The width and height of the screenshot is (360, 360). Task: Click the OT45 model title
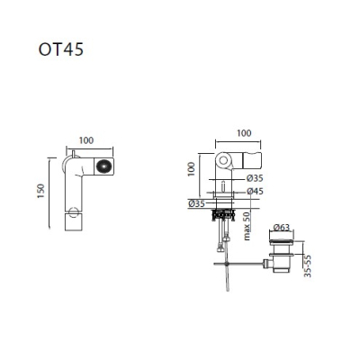tap(61, 49)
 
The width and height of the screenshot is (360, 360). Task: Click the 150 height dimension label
tap(40, 191)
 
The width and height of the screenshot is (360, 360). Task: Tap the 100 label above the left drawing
tap(86, 140)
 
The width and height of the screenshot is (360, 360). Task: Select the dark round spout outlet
tap(104, 166)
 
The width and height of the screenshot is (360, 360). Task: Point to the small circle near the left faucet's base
tap(73, 212)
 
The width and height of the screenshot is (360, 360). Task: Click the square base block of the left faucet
tap(73, 222)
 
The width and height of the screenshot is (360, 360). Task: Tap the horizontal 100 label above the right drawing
tap(244, 133)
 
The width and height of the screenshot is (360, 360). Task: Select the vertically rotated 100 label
tap(191, 169)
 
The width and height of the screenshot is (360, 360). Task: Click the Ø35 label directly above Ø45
tap(255, 178)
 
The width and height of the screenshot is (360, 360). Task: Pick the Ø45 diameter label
tap(255, 191)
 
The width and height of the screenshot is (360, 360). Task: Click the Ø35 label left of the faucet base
tap(197, 204)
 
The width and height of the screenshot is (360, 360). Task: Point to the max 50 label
tap(247, 226)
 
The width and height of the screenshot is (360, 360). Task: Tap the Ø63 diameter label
tap(282, 228)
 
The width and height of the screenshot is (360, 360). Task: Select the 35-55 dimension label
tap(308, 266)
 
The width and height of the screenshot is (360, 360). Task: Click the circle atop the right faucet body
tap(223, 160)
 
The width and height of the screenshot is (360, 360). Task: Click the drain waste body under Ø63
tap(280, 256)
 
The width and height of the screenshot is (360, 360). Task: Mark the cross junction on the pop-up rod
tap(227, 264)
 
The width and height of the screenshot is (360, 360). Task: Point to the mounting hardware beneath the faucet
tap(222, 215)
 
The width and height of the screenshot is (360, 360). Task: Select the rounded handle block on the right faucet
tap(252, 160)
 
